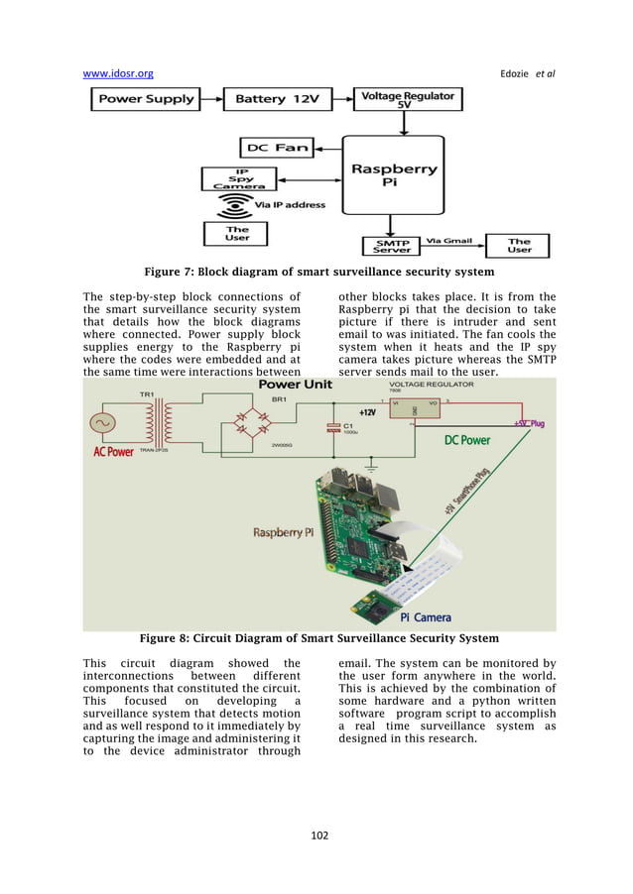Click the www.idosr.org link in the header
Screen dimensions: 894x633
click(x=118, y=72)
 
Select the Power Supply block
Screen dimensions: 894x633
click(x=146, y=99)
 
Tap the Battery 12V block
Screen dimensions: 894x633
click(x=274, y=99)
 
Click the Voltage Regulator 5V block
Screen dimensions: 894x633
click(x=408, y=99)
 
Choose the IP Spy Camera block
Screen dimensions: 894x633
click(x=238, y=178)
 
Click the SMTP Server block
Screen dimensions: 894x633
click(x=392, y=245)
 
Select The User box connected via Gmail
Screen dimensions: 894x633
click(x=519, y=245)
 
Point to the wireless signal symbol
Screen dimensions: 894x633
click(x=237, y=206)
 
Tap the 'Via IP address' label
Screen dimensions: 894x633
click(x=290, y=205)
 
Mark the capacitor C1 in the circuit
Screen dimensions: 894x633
click(x=330, y=429)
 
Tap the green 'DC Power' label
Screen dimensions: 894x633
click(x=466, y=440)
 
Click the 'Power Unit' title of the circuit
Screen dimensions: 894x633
click(x=296, y=385)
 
